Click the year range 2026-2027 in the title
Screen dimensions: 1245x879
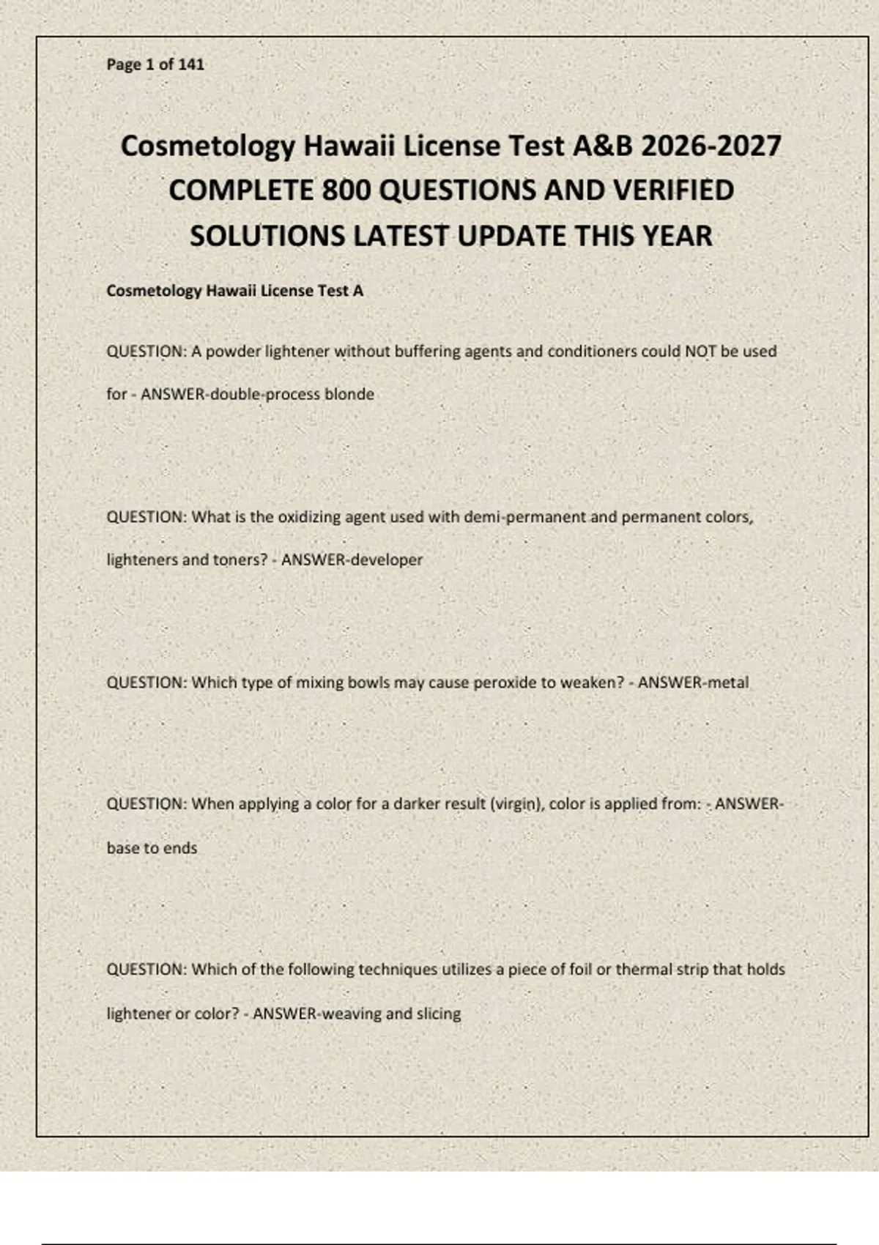point(711,146)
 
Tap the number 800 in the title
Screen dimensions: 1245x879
point(347,190)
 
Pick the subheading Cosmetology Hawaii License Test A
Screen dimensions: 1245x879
point(234,291)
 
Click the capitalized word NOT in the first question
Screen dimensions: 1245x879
point(700,352)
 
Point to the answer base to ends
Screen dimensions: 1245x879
point(152,848)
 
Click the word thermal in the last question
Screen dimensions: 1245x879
point(642,970)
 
